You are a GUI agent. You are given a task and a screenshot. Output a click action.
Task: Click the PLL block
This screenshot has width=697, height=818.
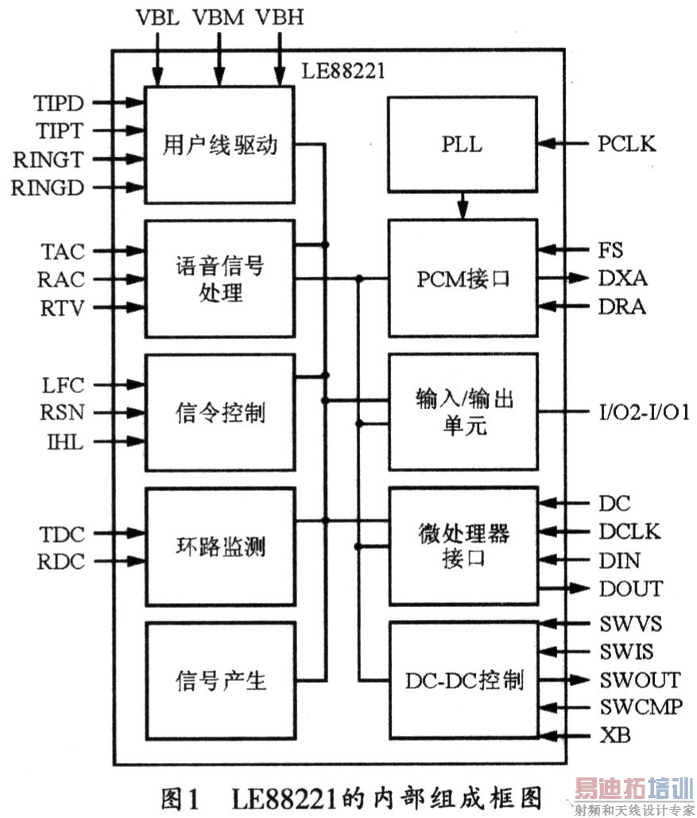[462, 145]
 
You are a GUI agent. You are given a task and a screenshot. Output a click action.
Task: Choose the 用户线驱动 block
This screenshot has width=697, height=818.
[219, 145]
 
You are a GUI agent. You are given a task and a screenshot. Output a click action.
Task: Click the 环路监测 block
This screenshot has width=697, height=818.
[219, 547]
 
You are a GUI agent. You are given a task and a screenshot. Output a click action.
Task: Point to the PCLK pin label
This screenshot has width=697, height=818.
[627, 144]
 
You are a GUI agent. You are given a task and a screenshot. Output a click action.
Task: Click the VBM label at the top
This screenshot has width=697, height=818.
[218, 18]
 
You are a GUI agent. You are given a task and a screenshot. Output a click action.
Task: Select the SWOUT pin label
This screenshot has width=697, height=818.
[639, 680]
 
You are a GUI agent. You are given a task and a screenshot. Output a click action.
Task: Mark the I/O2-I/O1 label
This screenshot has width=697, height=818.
[644, 412]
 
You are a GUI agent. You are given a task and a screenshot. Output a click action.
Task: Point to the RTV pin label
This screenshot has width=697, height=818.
[62, 308]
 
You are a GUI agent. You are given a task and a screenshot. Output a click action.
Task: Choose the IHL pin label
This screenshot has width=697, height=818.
[64, 441]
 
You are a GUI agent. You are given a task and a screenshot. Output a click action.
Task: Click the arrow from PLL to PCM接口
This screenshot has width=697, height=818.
[463, 207]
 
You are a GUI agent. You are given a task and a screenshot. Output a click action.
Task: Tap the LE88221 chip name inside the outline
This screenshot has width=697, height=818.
[343, 72]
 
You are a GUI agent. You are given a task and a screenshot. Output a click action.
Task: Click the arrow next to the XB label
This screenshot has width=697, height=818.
[566, 734]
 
